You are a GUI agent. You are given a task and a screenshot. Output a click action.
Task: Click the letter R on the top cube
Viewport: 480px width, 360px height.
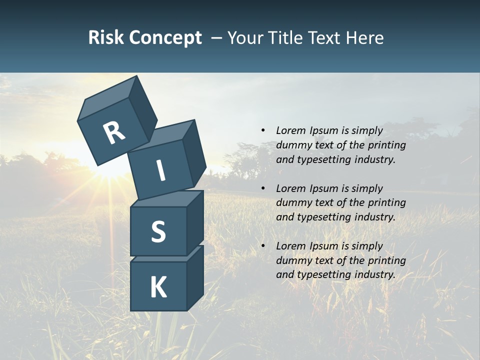click(x=114, y=133)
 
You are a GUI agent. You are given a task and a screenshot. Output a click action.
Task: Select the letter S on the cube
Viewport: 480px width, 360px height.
click(x=158, y=231)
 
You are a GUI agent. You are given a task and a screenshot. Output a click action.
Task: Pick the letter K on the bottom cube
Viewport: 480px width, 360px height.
click(x=158, y=287)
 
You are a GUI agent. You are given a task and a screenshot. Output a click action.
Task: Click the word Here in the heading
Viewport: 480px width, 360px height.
click(x=364, y=38)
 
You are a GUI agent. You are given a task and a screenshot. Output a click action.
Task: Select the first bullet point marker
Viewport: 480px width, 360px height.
click(x=263, y=130)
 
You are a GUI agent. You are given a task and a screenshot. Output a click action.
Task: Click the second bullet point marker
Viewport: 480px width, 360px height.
click(x=263, y=188)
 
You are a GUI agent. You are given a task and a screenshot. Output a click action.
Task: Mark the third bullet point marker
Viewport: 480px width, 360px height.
click(x=263, y=246)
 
